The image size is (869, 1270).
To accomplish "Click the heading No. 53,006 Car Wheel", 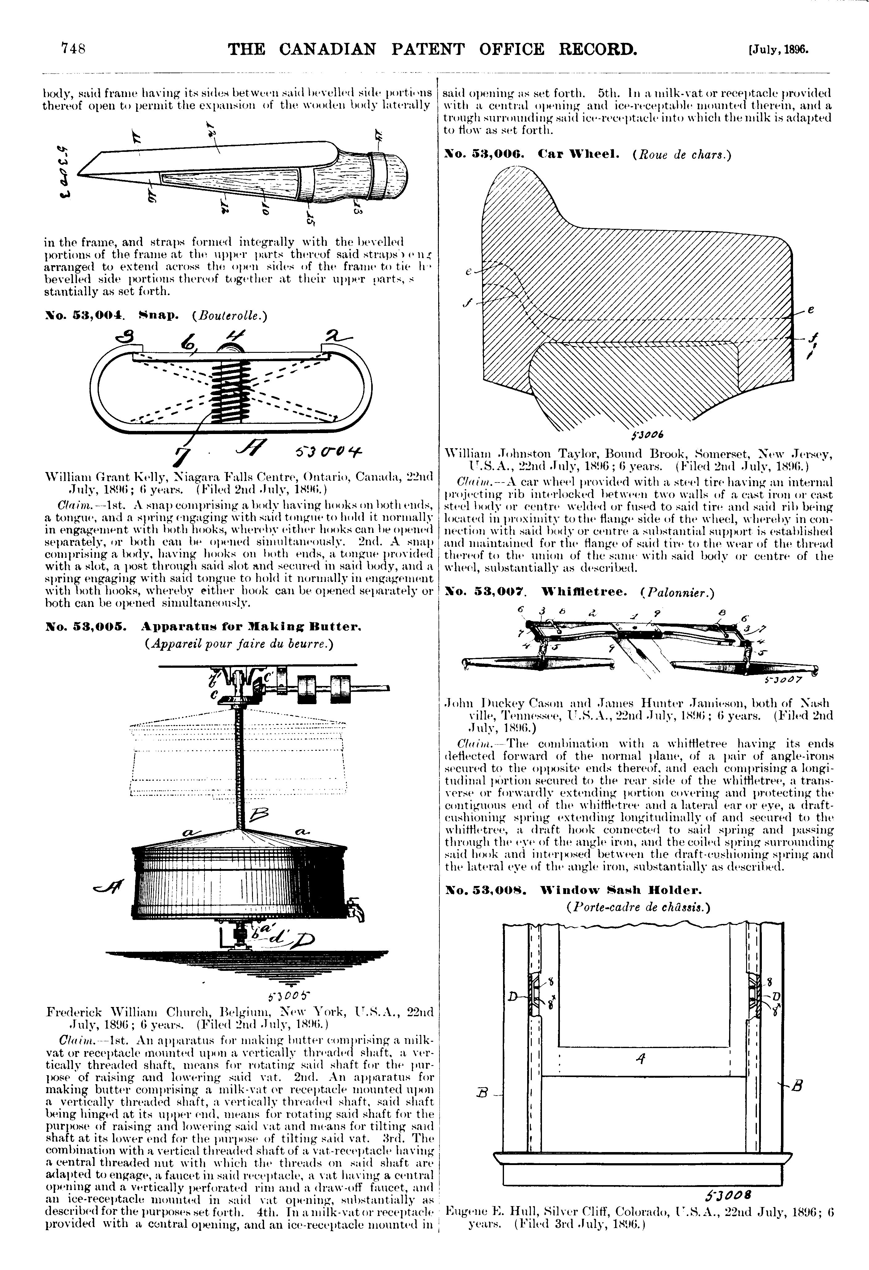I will pos(532,155).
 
